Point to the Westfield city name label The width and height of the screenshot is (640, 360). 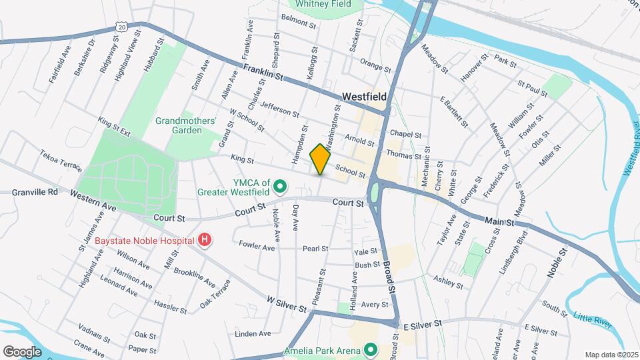point(364,97)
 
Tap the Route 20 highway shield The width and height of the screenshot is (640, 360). point(120,26)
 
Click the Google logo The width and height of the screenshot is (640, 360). point(22,351)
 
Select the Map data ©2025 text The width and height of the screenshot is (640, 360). point(611,354)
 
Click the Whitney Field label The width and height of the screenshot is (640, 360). point(323,4)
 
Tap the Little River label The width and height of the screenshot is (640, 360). point(593,319)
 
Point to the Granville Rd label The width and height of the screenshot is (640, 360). point(35,192)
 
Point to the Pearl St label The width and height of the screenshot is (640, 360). point(315,249)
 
